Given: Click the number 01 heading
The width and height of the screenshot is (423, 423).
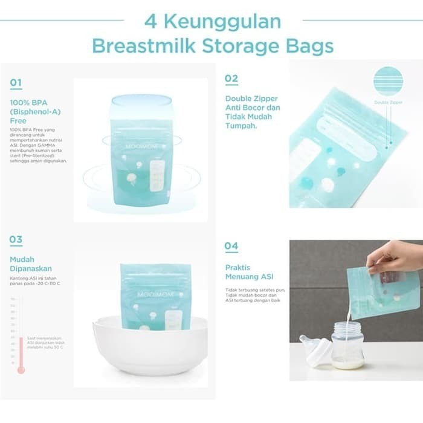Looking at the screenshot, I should [x=16, y=83].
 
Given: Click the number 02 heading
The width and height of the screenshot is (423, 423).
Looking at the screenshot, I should [x=231, y=79].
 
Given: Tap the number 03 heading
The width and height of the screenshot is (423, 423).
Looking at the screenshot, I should [x=16, y=240].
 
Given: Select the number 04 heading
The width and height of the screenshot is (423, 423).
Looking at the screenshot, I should [x=231, y=246].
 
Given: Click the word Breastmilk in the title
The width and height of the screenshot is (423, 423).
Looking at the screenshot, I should [x=143, y=46].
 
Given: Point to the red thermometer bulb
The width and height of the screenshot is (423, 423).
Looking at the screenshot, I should [x=21, y=369].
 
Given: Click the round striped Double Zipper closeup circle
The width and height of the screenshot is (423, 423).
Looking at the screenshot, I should [x=388, y=81].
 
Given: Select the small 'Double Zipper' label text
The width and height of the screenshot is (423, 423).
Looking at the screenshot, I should [x=388, y=103].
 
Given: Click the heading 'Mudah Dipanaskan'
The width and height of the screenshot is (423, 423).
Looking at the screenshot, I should [x=30, y=264].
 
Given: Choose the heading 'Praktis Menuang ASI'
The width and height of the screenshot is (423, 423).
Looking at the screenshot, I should [x=249, y=272].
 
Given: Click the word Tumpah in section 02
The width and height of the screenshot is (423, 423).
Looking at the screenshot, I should [x=241, y=126].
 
